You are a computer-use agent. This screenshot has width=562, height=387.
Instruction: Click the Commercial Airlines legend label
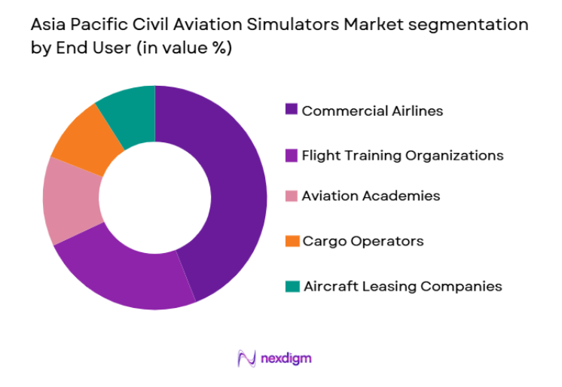[x=372, y=111]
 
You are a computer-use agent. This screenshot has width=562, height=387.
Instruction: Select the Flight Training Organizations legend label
[x=402, y=155]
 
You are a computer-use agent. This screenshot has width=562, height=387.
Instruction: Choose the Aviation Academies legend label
[x=371, y=196]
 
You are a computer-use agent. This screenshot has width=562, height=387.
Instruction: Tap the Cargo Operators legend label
[x=362, y=241]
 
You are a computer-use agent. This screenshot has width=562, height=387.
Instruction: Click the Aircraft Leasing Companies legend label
[x=402, y=286]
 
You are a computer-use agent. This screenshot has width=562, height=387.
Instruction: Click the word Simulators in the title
[x=292, y=26]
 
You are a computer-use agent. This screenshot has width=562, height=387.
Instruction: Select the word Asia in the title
[x=49, y=26]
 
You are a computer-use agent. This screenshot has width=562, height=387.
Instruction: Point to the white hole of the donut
[x=154, y=197]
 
